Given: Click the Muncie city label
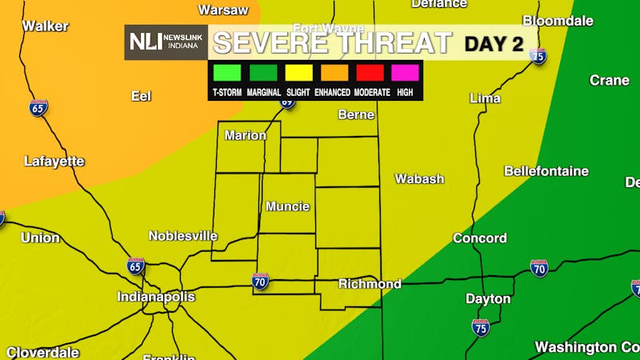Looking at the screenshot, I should tap(287, 206).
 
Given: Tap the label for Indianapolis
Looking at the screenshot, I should tap(156, 297).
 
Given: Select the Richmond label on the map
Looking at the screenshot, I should tap(370, 284).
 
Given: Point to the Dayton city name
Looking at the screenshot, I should tap(488, 299).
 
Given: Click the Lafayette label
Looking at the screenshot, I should tap(54, 162).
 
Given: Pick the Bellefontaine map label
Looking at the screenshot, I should tap(546, 171).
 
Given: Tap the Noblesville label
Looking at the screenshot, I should tap(183, 236).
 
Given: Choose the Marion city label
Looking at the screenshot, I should tap(245, 135).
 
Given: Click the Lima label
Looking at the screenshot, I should tap(486, 98).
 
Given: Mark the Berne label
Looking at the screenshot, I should tap(356, 115).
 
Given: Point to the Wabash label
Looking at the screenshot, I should tap(419, 179).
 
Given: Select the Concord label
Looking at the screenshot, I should tap(480, 238).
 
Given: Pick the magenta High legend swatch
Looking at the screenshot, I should tap(405, 73).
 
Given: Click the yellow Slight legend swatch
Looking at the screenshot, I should tap(298, 73).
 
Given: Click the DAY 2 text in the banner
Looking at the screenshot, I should tap(494, 43).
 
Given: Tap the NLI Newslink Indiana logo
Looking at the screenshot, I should tap(166, 42).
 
